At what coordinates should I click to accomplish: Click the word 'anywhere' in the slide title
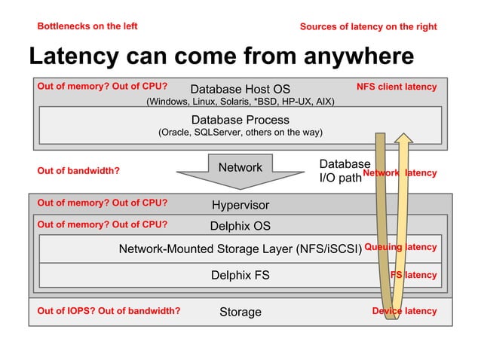[359, 57]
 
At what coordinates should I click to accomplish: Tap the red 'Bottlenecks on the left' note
[87, 26]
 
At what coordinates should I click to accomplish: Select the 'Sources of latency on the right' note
[369, 27]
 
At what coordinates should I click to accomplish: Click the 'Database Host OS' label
[240, 89]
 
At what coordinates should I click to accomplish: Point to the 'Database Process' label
[240, 120]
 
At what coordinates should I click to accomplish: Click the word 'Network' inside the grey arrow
[240, 167]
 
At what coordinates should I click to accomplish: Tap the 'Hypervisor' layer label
[240, 206]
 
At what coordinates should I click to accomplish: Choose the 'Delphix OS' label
[240, 226]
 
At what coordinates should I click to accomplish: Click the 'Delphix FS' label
[240, 275]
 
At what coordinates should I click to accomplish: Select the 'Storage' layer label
[240, 313]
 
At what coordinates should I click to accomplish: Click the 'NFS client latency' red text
[397, 87]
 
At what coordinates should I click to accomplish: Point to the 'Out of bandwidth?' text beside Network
[78, 171]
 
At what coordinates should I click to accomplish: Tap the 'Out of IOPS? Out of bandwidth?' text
[109, 311]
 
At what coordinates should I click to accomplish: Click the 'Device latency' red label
[405, 311]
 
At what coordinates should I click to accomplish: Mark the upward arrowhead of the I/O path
[403, 138]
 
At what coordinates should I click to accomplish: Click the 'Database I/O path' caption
[345, 171]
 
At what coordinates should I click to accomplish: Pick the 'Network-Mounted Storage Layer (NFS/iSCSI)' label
[240, 249]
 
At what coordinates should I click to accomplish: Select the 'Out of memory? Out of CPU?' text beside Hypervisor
[103, 203]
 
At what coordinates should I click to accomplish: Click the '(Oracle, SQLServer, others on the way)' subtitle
[240, 133]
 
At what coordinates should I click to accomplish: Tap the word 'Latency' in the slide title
[74, 57]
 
